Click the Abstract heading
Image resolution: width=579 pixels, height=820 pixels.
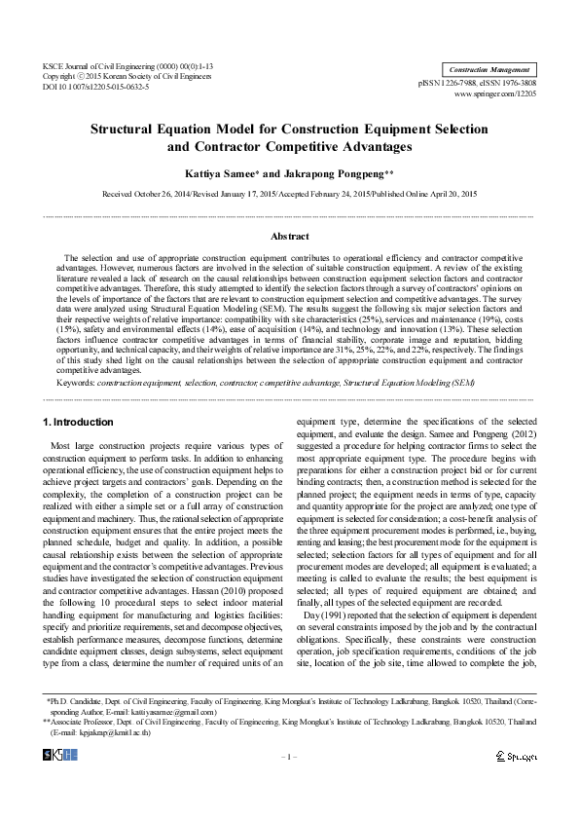289,237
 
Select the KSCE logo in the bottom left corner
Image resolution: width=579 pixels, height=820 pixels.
60,755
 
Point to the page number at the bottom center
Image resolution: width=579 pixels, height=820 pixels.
289,756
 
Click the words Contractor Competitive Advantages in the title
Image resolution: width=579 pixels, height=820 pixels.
301,148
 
